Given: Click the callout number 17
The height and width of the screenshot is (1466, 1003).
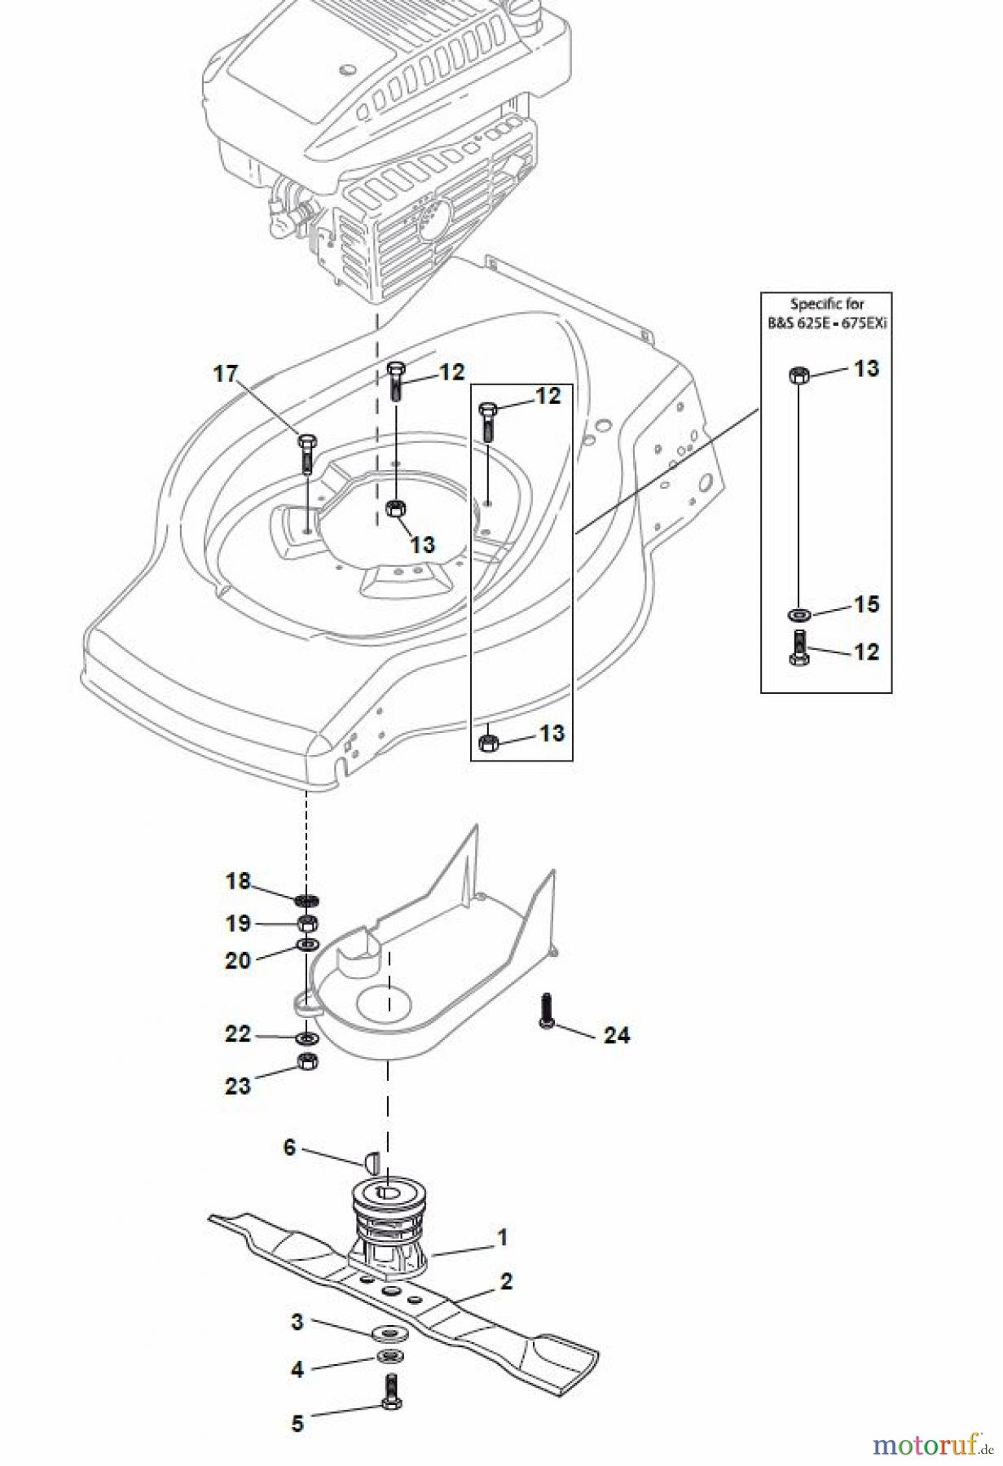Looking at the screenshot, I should [x=225, y=374].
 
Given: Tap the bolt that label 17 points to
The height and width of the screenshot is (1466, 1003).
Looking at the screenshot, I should [x=306, y=453].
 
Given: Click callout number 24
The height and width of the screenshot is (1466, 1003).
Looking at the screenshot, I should [x=617, y=1035].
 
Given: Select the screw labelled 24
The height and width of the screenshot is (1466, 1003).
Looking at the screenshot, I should [x=546, y=1012].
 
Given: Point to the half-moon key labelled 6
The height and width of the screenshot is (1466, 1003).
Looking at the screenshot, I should [x=367, y=1159].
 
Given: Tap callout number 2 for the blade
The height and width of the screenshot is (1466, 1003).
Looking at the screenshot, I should [x=506, y=1281].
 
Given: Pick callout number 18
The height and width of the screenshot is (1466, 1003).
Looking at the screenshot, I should [x=238, y=881].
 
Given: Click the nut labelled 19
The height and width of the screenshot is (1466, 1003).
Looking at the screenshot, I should [x=308, y=924].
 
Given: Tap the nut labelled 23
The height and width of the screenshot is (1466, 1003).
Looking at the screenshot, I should [x=307, y=1061].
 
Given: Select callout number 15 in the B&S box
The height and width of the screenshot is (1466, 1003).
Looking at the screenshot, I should [x=866, y=604].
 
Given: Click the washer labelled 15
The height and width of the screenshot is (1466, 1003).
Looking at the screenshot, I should [x=798, y=613].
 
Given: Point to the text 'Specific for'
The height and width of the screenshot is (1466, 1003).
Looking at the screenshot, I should [x=826, y=304].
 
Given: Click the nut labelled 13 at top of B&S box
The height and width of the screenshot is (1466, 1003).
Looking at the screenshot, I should [x=798, y=375].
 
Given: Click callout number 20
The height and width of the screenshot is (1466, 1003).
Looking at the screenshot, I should [x=238, y=960].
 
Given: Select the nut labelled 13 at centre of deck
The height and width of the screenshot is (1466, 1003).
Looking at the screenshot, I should [x=395, y=510].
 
